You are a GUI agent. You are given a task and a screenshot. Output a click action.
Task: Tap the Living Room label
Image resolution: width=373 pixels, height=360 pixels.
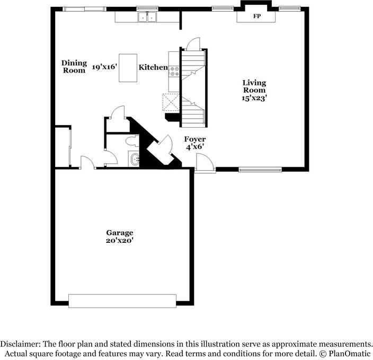click(x=254, y=86)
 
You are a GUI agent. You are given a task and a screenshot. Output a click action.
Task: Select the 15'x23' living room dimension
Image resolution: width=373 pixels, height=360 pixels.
click(x=254, y=98)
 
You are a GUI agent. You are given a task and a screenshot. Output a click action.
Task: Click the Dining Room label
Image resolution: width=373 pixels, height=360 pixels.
click(x=74, y=66)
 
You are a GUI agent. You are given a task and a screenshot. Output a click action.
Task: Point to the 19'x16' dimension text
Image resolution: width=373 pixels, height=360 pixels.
click(x=104, y=67)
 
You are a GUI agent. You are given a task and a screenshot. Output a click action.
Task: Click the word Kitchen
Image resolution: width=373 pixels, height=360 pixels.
click(x=154, y=67)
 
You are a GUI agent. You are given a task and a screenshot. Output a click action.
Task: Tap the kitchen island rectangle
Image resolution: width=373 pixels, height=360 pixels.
click(x=127, y=67)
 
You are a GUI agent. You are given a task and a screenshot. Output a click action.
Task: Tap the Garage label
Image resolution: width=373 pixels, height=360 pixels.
click(x=119, y=233)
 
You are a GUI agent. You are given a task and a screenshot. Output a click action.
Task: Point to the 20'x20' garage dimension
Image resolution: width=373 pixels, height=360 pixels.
click(x=119, y=241)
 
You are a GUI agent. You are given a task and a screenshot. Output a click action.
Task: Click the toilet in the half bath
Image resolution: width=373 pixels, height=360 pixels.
click(x=132, y=142)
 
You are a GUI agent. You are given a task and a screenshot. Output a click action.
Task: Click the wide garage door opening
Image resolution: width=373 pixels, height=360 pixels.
click(x=122, y=301)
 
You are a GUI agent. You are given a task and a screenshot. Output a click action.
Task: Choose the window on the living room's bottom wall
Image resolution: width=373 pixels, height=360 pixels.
click(x=259, y=170)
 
